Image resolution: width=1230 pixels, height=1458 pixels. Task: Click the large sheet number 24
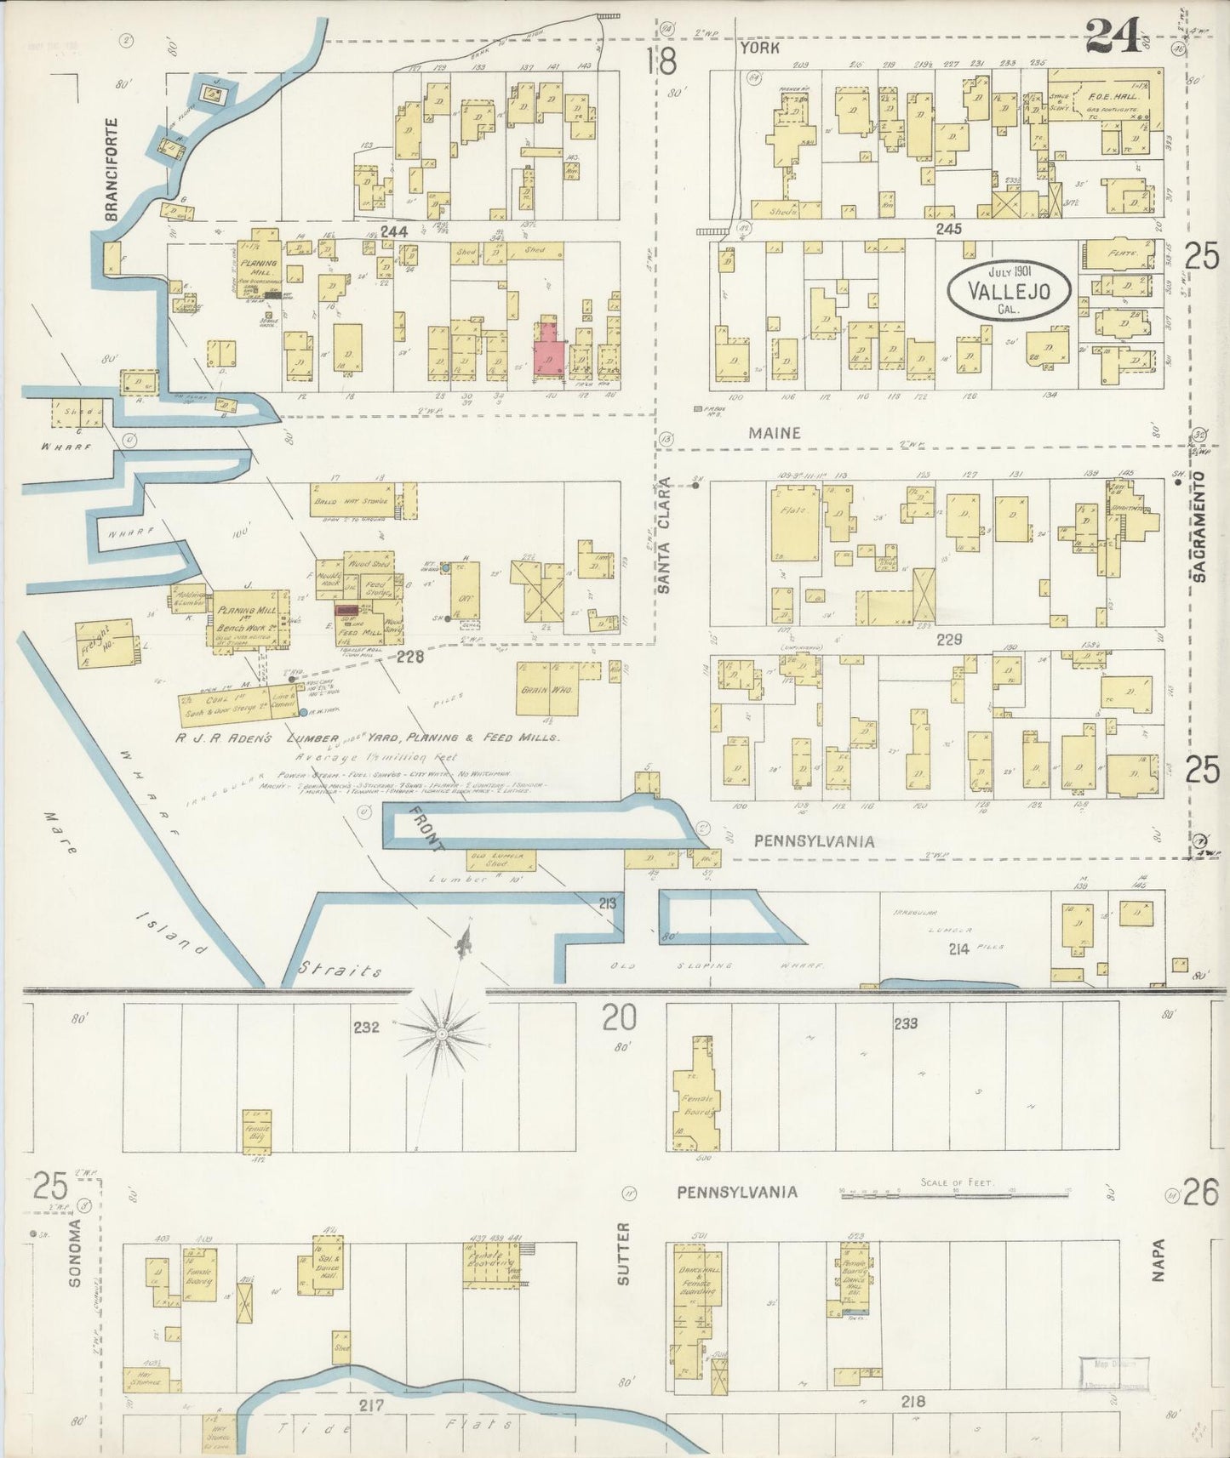point(1113,36)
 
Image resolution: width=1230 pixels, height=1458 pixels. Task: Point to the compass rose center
point(442,1033)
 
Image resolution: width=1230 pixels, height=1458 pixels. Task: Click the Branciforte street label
point(111,170)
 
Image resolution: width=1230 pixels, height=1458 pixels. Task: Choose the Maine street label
point(774,433)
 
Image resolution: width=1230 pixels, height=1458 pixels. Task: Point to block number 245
point(948,229)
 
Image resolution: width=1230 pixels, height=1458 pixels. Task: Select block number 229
point(948,639)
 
